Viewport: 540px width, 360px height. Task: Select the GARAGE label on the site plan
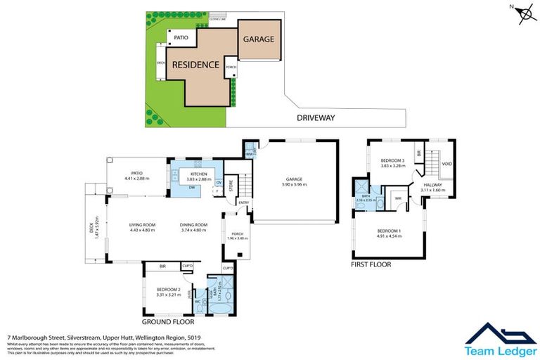click(x=259, y=39)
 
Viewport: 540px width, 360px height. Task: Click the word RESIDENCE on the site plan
click(x=195, y=65)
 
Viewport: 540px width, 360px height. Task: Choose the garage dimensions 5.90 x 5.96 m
click(x=295, y=184)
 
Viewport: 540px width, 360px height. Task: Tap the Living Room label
click(x=141, y=225)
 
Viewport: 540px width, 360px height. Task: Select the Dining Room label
click(x=192, y=225)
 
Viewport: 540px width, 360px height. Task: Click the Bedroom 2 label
click(x=168, y=290)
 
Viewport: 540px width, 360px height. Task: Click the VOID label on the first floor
click(x=446, y=164)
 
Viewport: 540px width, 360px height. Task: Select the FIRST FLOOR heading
click(x=371, y=265)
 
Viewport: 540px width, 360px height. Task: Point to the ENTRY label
click(x=243, y=203)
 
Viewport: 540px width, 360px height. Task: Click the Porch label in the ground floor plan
click(x=235, y=234)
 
